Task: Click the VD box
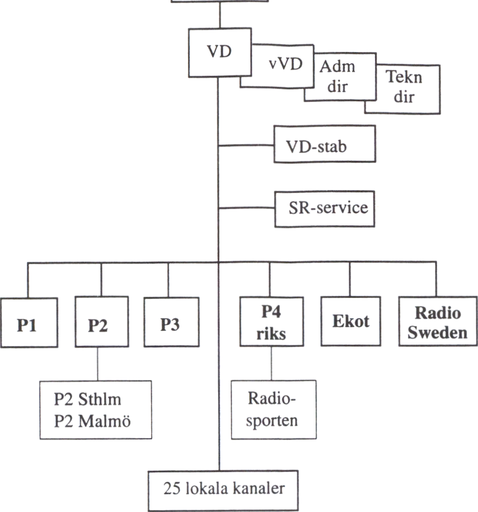[x=219, y=52]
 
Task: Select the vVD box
[x=285, y=65]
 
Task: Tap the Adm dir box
[x=337, y=76]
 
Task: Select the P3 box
[x=170, y=322]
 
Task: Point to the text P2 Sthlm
[x=87, y=398]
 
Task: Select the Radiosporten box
[x=274, y=409]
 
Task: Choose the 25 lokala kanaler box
[x=223, y=489]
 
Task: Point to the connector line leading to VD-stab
[x=246, y=145]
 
